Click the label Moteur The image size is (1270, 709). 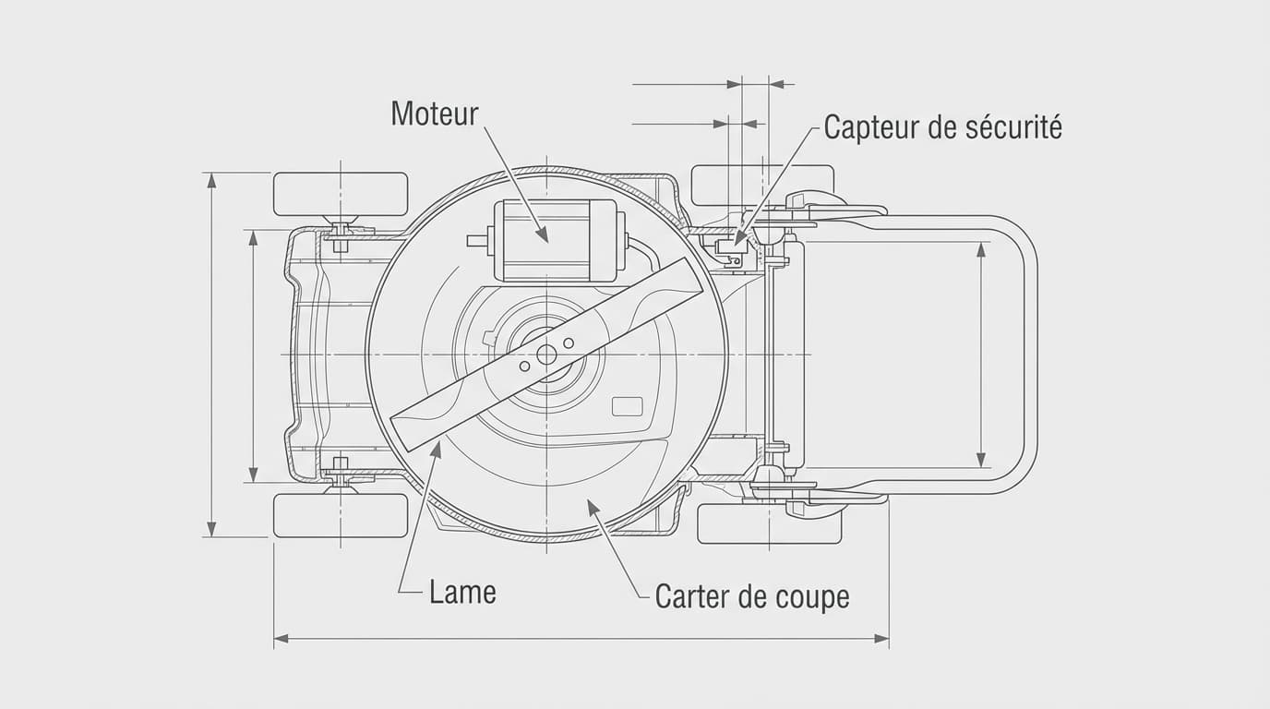point(434,114)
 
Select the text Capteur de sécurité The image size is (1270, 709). point(942,126)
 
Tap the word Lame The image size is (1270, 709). point(462,592)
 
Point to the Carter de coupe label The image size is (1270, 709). point(751,596)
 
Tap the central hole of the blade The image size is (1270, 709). point(545,354)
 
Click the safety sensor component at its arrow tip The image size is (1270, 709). point(737,244)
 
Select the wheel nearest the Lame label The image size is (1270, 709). point(341,515)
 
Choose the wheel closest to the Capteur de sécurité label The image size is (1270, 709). point(762,185)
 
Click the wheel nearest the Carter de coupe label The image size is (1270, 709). point(769,523)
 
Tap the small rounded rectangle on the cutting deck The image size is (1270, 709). point(628,406)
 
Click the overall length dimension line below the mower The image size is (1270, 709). point(581,638)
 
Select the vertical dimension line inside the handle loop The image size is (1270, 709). point(980,354)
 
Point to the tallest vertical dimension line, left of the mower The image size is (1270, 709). point(211,354)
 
